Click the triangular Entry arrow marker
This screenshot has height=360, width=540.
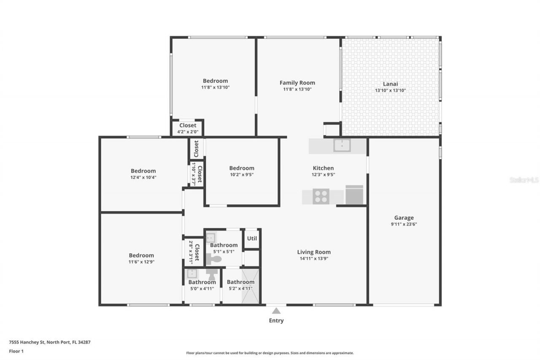(276, 311)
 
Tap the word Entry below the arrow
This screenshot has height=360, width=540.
(276, 321)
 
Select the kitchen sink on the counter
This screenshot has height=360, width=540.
(342, 145)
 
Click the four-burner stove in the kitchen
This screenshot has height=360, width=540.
(321, 196)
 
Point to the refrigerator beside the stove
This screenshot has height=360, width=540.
(354, 195)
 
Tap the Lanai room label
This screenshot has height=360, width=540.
(390, 84)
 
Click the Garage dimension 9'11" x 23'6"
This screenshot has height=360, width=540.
(404, 225)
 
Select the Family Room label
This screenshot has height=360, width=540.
(297, 83)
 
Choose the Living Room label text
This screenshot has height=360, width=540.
(314, 252)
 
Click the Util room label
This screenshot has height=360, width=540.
(252, 238)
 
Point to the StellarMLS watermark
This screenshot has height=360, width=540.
(524, 180)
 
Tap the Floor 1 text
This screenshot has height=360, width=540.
(16, 351)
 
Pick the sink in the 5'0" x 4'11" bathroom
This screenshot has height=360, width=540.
(192, 273)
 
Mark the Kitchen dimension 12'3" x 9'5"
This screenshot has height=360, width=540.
(323, 174)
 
